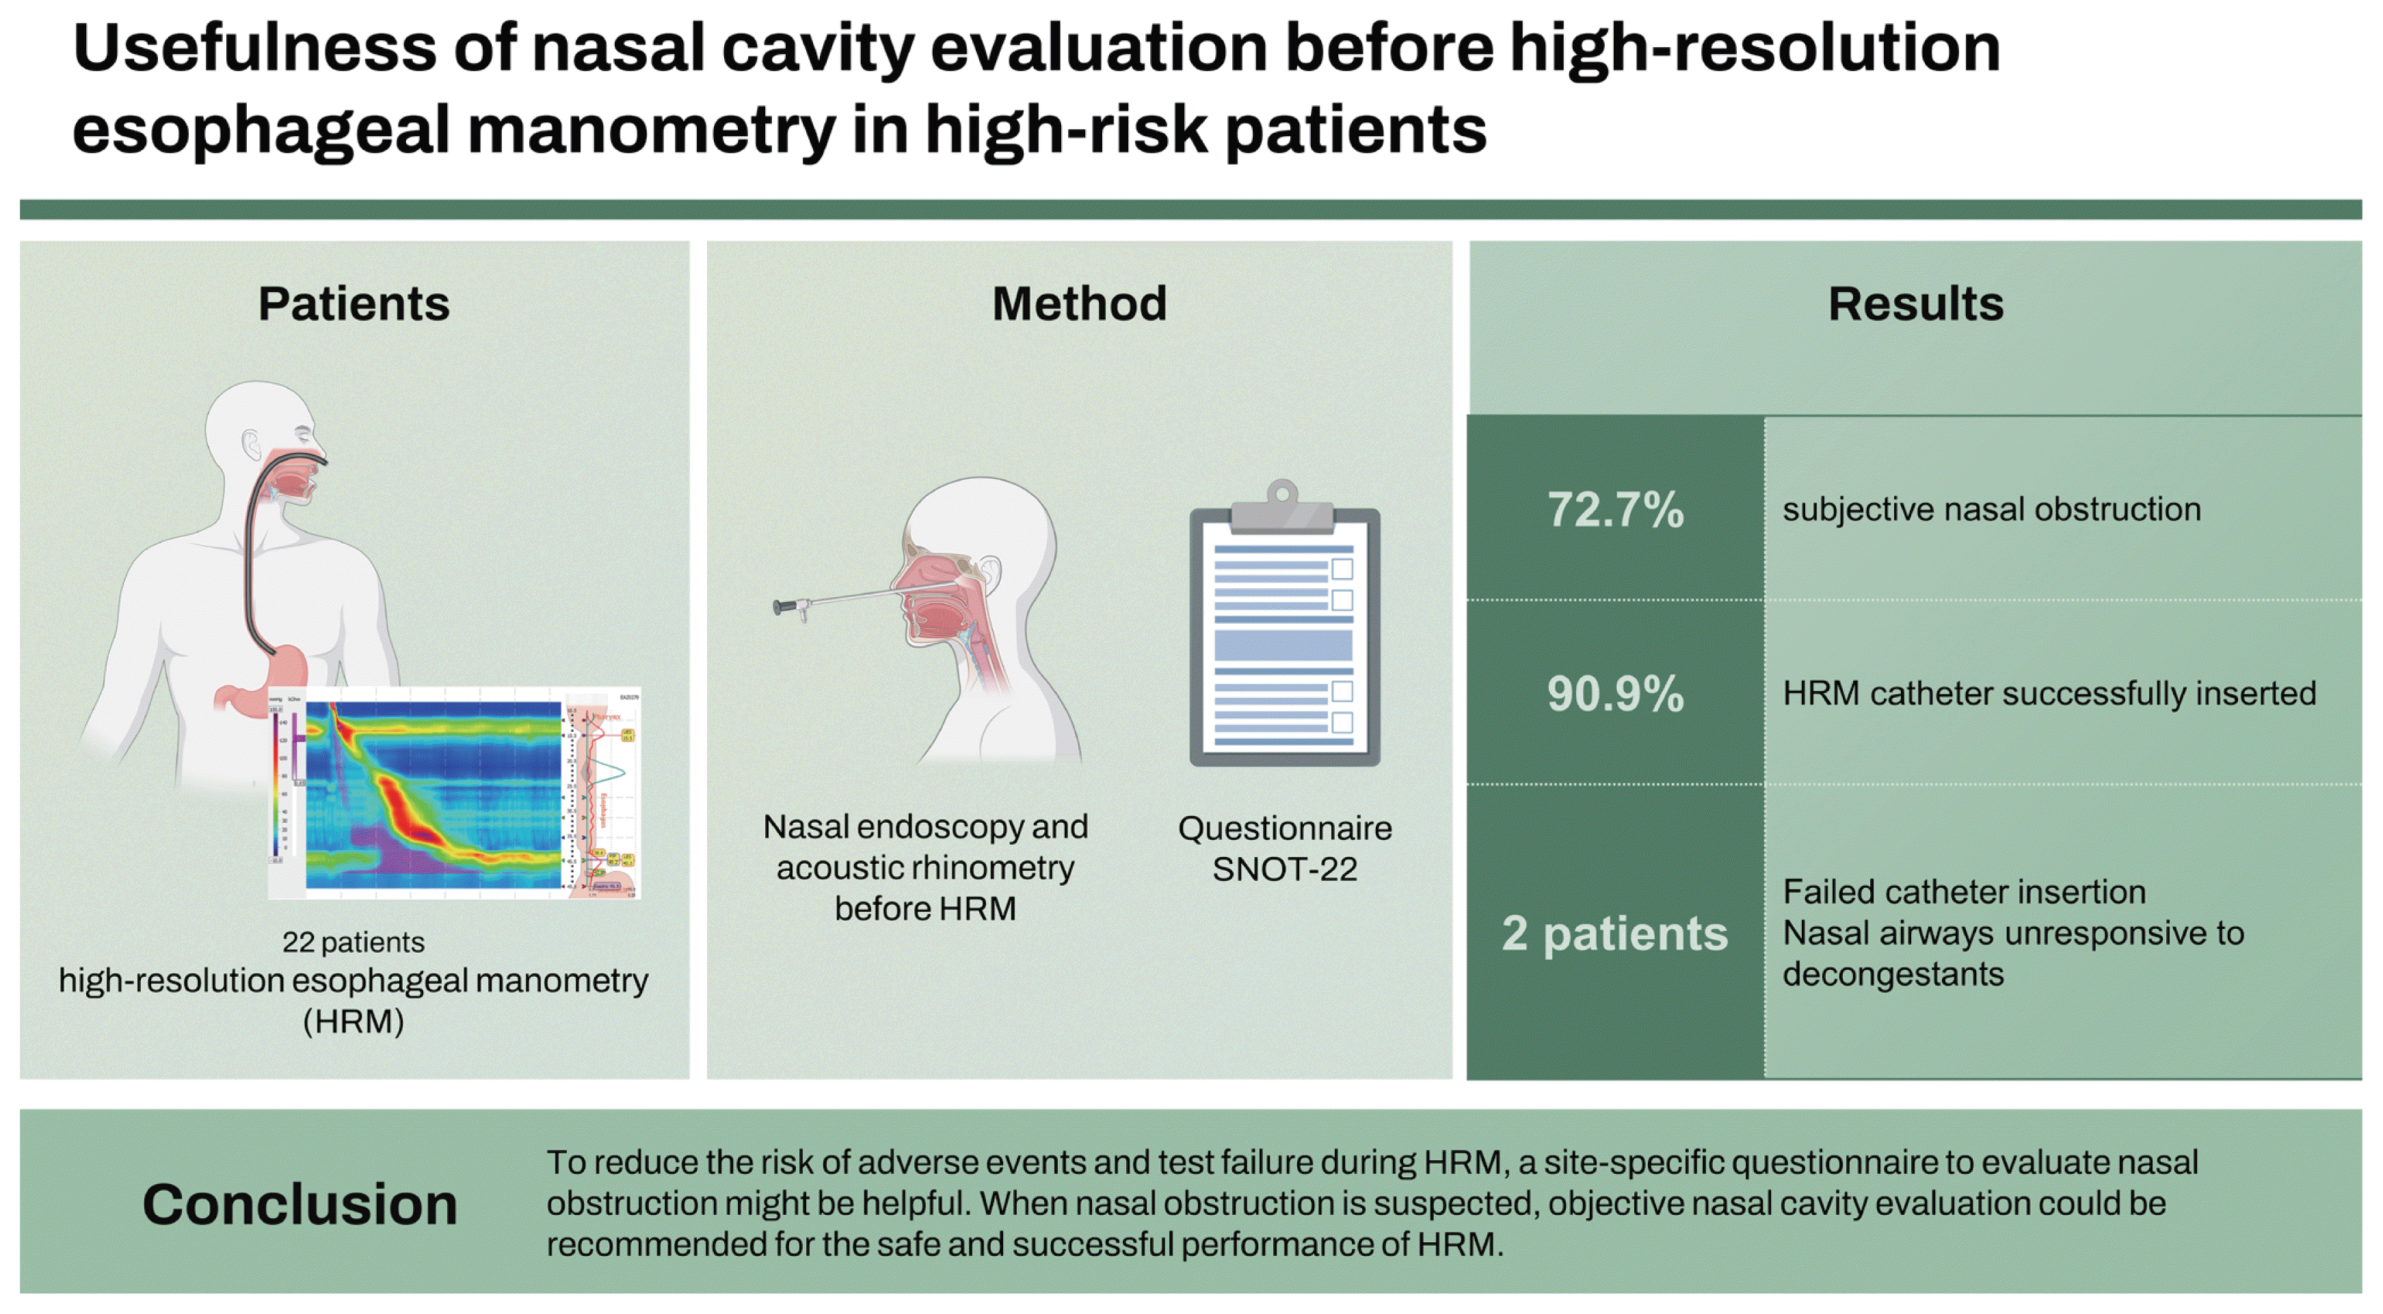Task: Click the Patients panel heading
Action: pyautogui.click(x=354, y=304)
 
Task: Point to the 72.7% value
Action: pyautogui.click(x=1615, y=510)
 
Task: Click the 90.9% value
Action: pyautogui.click(x=1615, y=694)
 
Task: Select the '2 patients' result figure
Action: pyautogui.click(x=1614, y=933)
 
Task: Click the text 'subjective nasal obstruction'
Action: pyautogui.click(x=1991, y=510)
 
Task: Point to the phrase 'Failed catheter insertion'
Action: pyautogui.click(x=1963, y=892)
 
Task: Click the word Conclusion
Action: pyautogui.click(x=299, y=1205)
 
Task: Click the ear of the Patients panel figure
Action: pyautogui.click(x=252, y=445)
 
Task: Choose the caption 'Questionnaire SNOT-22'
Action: pyautogui.click(x=1284, y=849)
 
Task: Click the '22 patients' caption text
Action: pyautogui.click(x=354, y=942)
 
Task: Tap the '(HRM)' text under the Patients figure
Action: pyautogui.click(x=354, y=1022)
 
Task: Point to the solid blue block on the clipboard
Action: pyautogui.click(x=1282, y=644)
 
